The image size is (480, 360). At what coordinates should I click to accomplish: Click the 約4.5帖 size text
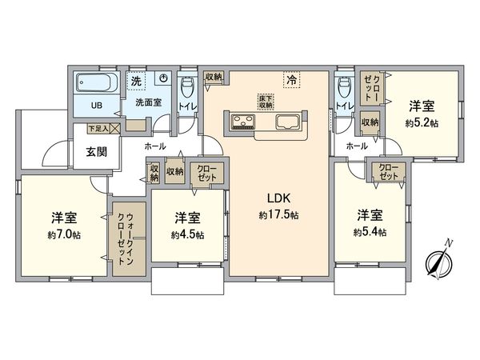coord(187,234)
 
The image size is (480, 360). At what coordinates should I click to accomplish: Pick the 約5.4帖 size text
coord(370,232)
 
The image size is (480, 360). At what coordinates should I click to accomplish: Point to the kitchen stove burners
coord(242,122)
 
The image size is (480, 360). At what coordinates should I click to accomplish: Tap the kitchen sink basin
coord(287,122)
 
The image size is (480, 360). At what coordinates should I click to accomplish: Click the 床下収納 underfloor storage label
coord(266,102)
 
